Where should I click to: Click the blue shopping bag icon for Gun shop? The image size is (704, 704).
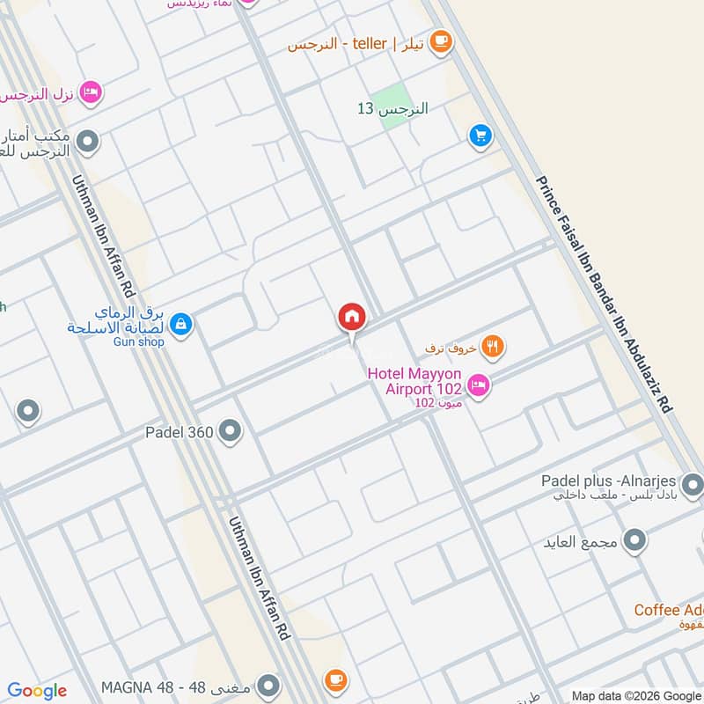pyautogui.click(x=180, y=325)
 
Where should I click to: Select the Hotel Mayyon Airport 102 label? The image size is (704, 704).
pyautogui.click(x=415, y=382)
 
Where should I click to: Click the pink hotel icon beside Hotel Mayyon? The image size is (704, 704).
pyautogui.click(x=479, y=384)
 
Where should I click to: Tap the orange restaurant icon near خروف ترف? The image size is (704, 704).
pyautogui.click(x=494, y=348)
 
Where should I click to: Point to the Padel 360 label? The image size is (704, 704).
pyautogui.click(x=180, y=432)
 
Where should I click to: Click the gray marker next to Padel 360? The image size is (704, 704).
pyautogui.click(x=231, y=431)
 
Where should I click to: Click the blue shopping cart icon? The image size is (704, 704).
pyautogui.click(x=480, y=135)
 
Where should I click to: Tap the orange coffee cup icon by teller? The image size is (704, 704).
pyautogui.click(x=440, y=40)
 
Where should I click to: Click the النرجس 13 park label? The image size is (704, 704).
pyautogui.click(x=392, y=109)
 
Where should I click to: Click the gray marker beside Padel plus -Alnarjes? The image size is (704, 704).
pyautogui.click(x=693, y=484)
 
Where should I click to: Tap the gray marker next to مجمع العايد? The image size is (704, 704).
pyautogui.click(x=634, y=539)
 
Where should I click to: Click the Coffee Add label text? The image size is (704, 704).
pyautogui.click(x=669, y=610)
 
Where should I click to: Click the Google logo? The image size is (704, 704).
pyautogui.click(x=37, y=691)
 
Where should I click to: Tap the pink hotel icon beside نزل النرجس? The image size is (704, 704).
pyautogui.click(x=90, y=92)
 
